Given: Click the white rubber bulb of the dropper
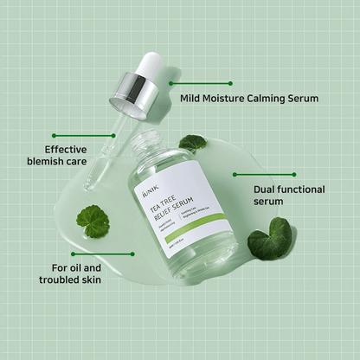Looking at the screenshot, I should coord(153,64).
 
